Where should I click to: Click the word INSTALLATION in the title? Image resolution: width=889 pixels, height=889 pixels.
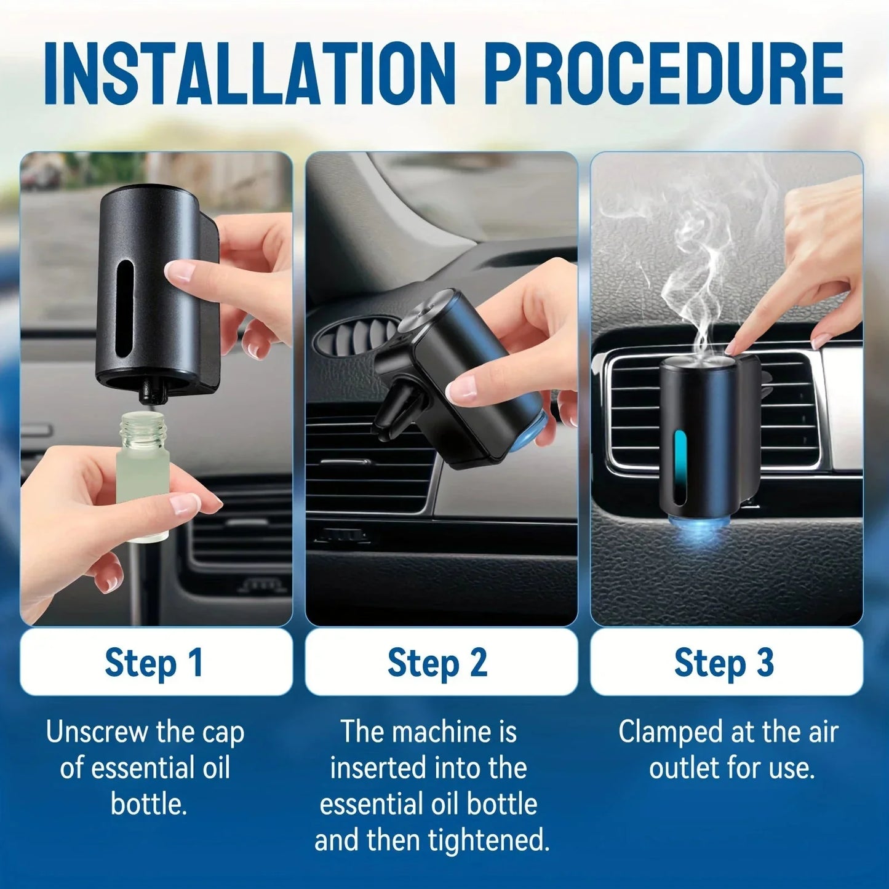pyautogui.click(x=249, y=74)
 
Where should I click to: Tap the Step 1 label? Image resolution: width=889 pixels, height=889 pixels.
pyautogui.click(x=155, y=663)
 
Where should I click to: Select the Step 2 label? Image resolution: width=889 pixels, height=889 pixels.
pyautogui.click(x=438, y=663)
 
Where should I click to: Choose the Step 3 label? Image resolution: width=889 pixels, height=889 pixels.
pyautogui.click(x=725, y=663)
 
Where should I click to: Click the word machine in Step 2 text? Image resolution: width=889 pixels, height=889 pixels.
pyautogui.click(x=441, y=732)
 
